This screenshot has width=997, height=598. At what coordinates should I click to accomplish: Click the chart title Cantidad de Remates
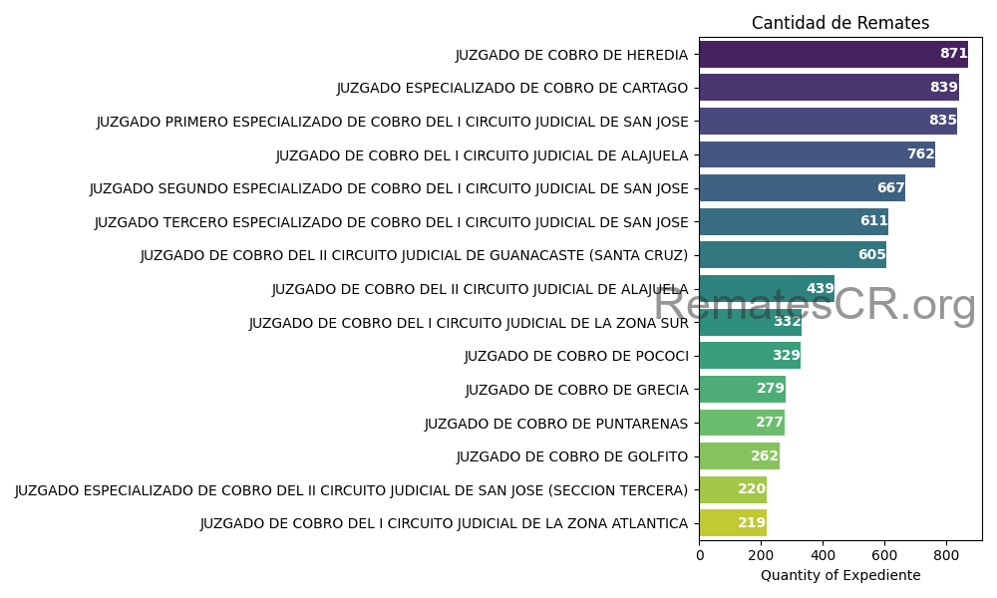(839, 23)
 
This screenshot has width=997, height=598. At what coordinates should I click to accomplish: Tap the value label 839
(943, 88)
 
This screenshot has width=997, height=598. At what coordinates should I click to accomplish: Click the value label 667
(890, 188)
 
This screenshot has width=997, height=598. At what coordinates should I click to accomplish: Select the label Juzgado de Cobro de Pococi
(576, 356)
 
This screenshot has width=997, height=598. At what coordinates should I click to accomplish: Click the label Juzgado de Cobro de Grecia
(576, 390)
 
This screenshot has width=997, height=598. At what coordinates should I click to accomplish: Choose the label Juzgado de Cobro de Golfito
(572, 456)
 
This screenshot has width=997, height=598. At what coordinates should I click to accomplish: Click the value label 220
(752, 489)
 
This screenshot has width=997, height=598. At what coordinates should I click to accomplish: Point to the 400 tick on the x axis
(823, 554)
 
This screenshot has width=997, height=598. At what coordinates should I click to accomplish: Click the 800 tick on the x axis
(946, 554)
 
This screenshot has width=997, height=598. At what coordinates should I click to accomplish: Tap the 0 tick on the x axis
(700, 554)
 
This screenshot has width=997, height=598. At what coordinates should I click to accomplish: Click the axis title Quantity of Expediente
(840, 575)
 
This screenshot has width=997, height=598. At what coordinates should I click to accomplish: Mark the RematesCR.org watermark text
(815, 304)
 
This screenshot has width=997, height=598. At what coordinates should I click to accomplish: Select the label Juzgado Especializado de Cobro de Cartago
(512, 88)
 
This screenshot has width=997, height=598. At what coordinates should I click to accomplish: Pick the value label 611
(873, 221)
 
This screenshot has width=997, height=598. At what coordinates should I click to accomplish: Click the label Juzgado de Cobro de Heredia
(571, 55)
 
